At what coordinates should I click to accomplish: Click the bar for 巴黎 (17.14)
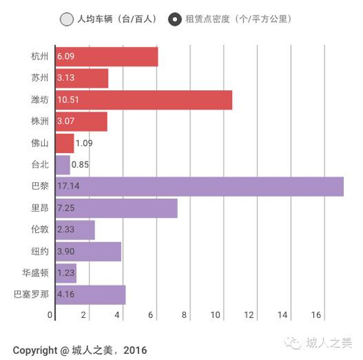(199, 186)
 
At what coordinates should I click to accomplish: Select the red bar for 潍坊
(144, 100)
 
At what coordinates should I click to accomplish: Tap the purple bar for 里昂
(117, 208)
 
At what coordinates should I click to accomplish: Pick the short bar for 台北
(62, 165)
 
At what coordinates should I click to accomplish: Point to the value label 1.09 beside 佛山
(84, 143)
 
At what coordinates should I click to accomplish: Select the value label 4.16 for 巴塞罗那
(66, 295)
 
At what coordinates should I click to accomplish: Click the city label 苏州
(40, 79)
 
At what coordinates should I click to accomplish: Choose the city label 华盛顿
(35, 273)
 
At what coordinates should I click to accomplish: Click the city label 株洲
(40, 122)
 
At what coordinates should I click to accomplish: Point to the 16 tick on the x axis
(316, 315)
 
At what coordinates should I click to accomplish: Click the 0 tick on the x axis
(50, 315)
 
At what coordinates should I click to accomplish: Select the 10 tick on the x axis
(216, 315)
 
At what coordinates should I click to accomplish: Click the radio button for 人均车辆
(66, 19)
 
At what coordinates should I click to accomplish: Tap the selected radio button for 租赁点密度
(175, 19)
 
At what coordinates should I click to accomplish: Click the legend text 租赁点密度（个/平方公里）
(237, 19)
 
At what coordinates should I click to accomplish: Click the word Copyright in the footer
(35, 350)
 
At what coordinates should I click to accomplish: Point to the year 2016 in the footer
(134, 350)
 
